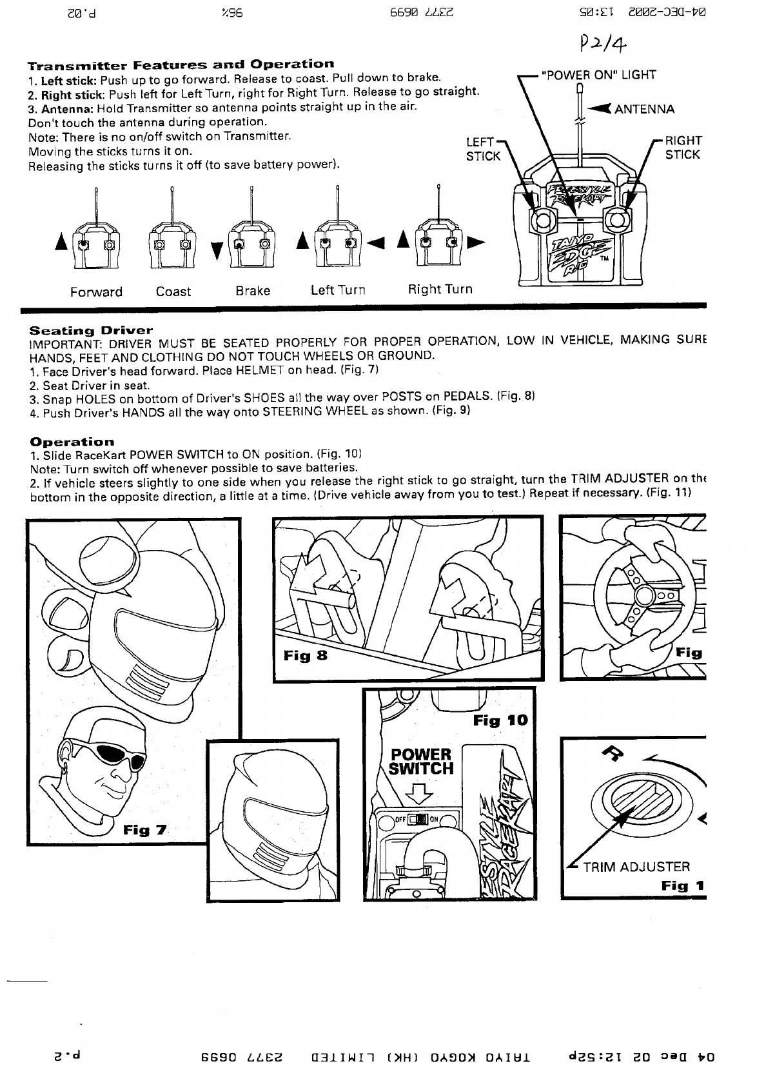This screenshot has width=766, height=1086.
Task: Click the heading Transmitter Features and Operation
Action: (x=181, y=64)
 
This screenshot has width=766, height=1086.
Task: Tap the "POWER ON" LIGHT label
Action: (x=599, y=75)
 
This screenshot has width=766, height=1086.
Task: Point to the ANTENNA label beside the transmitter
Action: (x=644, y=109)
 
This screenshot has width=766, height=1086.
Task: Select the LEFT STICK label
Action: (x=483, y=149)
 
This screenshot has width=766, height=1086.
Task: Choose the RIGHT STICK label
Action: (x=683, y=148)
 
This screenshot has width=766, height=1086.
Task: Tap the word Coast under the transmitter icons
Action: (x=173, y=291)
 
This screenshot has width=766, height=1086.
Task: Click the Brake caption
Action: (x=253, y=291)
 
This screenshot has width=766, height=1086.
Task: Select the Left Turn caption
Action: (x=338, y=290)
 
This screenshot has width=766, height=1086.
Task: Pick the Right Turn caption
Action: (x=440, y=290)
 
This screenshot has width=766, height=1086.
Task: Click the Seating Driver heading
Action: (x=91, y=330)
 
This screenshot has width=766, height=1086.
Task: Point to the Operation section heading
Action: (x=72, y=442)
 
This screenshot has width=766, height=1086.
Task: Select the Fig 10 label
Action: (x=500, y=720)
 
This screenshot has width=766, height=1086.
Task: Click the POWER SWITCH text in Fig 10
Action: (x=422, y=762)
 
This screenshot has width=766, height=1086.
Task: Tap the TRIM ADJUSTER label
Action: (x=636, y=867)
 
